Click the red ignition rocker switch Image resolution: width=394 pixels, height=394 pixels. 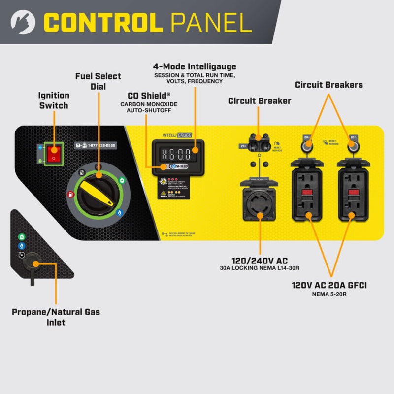[54, 153]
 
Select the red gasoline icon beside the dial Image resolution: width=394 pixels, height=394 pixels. [70, 194]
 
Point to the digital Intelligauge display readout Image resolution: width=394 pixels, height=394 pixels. [176, 153]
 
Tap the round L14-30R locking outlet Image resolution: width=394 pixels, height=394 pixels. [259, 201]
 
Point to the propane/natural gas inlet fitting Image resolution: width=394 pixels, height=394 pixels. [33, 261]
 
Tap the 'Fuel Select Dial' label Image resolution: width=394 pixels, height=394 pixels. [98, 81]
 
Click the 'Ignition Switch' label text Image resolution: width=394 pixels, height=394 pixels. [54, 100]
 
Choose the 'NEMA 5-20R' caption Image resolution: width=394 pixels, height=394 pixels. [329, 294]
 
